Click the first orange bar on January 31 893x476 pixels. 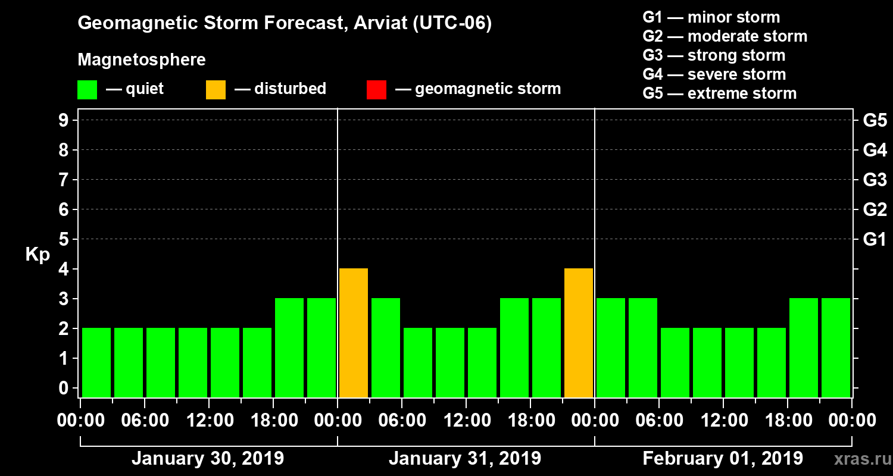354,333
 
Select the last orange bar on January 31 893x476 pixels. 579,333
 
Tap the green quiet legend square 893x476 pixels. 87,90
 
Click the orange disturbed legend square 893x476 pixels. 216,90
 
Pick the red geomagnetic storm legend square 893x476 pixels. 376,90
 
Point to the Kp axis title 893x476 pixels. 38,255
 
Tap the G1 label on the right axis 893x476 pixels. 875,239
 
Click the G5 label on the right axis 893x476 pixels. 875,120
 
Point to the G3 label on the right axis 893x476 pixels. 875,180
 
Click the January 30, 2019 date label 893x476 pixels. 208,459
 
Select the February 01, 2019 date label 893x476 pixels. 723,459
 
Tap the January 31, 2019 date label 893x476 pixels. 465,459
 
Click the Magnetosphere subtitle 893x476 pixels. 142,60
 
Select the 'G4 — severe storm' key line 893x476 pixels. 714,74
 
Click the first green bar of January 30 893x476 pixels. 96,362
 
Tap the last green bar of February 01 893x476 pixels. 836,347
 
